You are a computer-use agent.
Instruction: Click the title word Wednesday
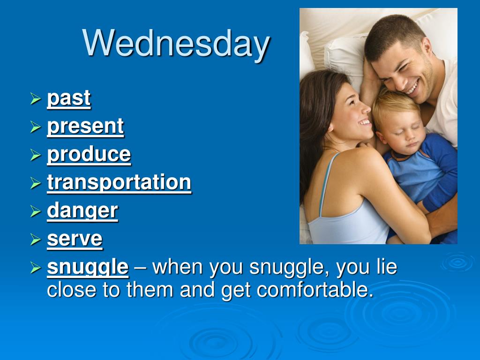(x=176, y=44)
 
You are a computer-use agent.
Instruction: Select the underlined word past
(x=69, y=98)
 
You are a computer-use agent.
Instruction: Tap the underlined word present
(x=85, y=127)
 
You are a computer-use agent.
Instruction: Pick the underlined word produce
(x=89, y=154)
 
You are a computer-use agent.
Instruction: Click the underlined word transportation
(x=119, y=182)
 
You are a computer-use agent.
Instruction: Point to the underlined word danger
(x=82, y=211)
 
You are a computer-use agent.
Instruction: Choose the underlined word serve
(x=75, y=239)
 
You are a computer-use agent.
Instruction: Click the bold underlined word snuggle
(x=88, y=268)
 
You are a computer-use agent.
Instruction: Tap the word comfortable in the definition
(x=315, y=290)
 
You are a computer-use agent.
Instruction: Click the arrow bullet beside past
(x=36, y=99)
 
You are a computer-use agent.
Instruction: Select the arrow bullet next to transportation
(x=36, y=183)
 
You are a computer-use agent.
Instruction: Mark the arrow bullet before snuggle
(x=36, y=268)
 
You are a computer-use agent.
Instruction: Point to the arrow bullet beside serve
(x=36, y=240)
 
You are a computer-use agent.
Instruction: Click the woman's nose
(x=366, y=108)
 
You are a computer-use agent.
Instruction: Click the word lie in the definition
(x=387, y=267)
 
